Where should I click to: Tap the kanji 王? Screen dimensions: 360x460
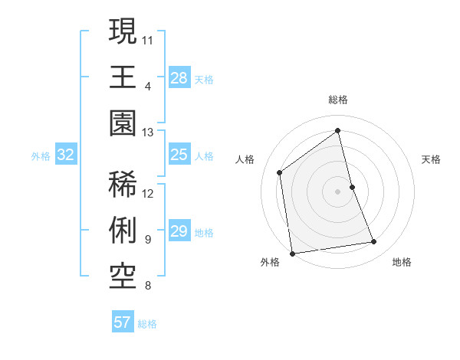point(123,77)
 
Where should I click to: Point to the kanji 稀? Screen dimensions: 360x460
point(123,185)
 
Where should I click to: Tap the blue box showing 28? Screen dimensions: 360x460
point(179,77)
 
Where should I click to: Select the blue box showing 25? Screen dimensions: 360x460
point(179,155)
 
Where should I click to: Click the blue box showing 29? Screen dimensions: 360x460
point(179,232)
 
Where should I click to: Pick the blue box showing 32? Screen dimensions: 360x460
point(66,155)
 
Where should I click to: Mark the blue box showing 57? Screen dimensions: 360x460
point(122,322)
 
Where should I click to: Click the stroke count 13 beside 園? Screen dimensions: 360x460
point(148,133)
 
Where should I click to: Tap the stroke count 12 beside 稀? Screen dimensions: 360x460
point(148,193)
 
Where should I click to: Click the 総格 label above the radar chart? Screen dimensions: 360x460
point(338,100)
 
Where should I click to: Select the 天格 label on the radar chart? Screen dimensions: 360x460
point(432,159)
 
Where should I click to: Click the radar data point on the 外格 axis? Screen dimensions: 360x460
point(292,254)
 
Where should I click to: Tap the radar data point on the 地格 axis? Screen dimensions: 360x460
point(374,242)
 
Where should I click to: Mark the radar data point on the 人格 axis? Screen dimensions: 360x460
point(280,172)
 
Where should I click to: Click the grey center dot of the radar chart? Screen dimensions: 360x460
point(338,191)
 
